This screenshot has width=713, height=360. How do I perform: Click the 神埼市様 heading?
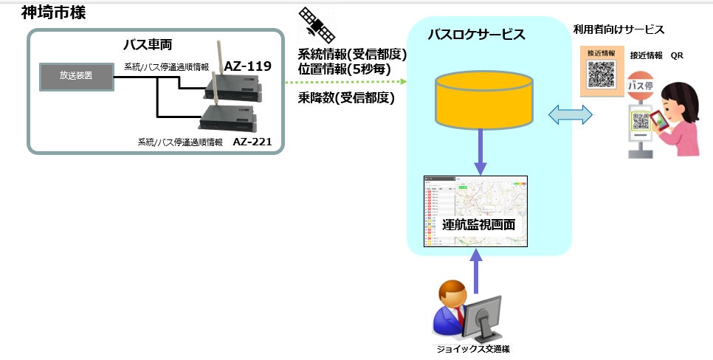[53, 13]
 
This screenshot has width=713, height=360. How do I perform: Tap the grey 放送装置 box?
[77, 75]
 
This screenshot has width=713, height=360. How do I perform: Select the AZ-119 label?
[248, 66]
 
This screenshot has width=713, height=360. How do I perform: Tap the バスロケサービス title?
[477, 35]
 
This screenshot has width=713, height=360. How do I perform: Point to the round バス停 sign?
[640, 86]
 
